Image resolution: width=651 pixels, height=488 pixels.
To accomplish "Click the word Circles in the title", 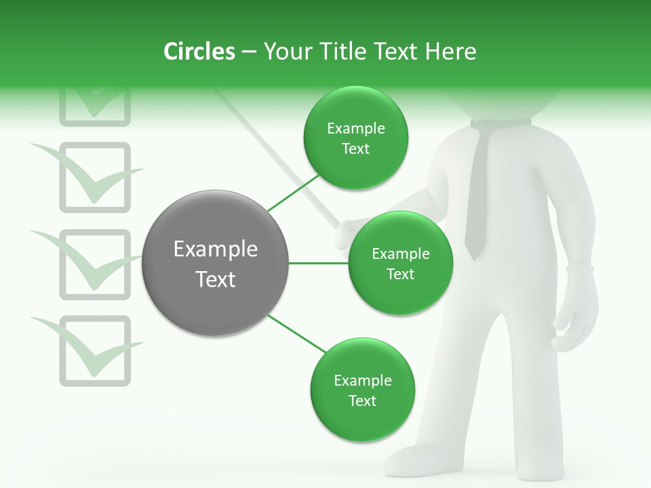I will (199, 52).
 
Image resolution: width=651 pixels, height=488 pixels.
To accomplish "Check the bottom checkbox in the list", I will (95, 350).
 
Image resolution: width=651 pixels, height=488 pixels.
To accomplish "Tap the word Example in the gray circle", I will (215, 249).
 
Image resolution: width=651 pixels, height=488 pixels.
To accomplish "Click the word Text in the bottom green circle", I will (362, 401).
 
